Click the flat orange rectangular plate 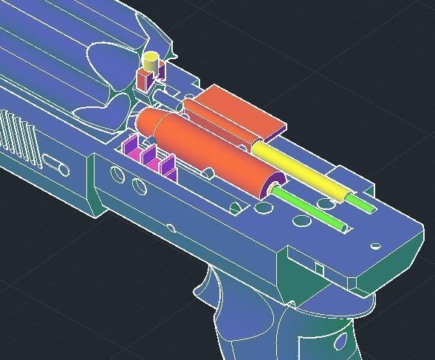[236, 111]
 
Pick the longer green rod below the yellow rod [310, 208]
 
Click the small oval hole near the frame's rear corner [375, 247]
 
